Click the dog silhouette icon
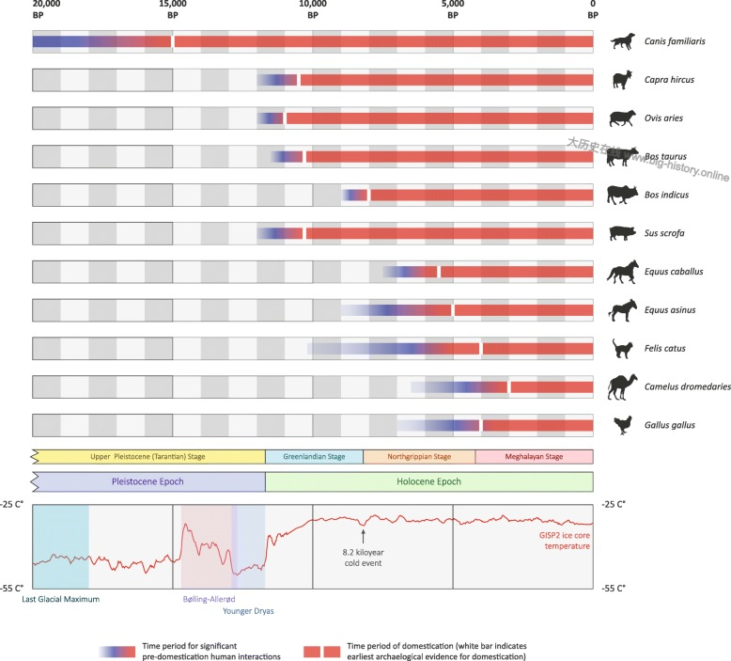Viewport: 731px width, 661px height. click(621, 41)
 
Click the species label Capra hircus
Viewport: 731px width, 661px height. click(669, 80)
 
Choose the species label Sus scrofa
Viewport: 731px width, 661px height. click(666, 233)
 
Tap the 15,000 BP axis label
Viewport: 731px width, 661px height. click(172, 10)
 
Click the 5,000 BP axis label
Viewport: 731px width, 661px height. click(453, 10)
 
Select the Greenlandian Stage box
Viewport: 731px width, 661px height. click(314, 457)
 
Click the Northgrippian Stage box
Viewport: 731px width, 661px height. click(418, 457)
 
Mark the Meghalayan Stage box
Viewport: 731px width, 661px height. click(534, 457)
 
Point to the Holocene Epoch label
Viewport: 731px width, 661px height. click(428, 481)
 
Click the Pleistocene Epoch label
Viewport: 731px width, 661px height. click(149, 481)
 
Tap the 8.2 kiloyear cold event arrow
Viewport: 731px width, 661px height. click(363, 533)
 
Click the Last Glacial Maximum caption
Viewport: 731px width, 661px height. click(60, 598)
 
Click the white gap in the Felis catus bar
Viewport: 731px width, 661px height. click(480, 348)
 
